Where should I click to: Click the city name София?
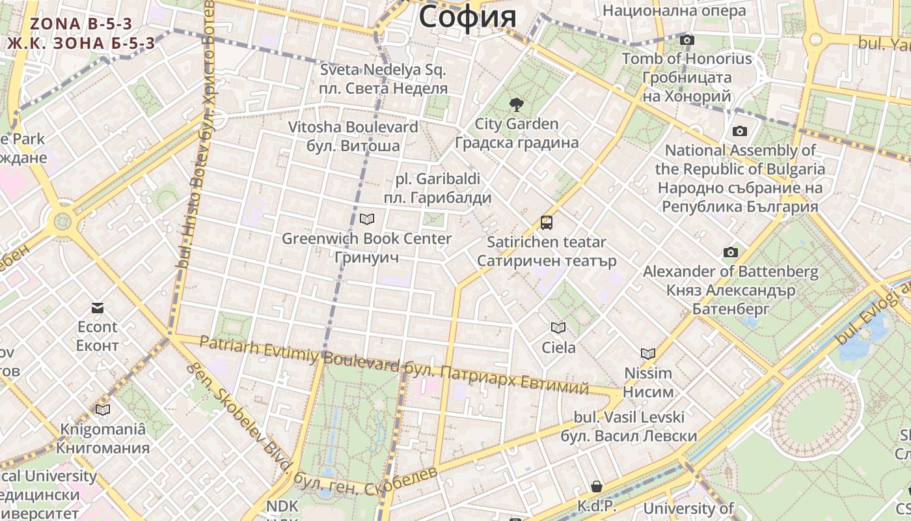click(467, 17)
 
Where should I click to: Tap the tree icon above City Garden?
click(517, 104)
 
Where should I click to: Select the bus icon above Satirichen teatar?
click(547, 223)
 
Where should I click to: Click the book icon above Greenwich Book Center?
click(367, 219)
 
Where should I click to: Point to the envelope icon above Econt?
click(98, 308)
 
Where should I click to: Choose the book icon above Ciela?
click(558, 328)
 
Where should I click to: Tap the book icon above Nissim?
click(648, 354)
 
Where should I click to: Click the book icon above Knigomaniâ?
click(103, 410)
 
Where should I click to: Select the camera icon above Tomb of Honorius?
click(687, 40)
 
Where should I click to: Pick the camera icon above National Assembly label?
click(740, 132)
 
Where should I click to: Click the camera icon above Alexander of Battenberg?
click(731, 252)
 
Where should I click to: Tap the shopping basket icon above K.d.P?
click(597, 486)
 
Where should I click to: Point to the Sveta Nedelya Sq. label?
click(383, 70)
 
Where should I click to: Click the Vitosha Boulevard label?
click(353, 127)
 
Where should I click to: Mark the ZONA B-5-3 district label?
click(81, 24)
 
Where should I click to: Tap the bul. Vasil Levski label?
click(629, 417)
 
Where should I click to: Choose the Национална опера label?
click(674, 11)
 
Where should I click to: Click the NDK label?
click(282, 506)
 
